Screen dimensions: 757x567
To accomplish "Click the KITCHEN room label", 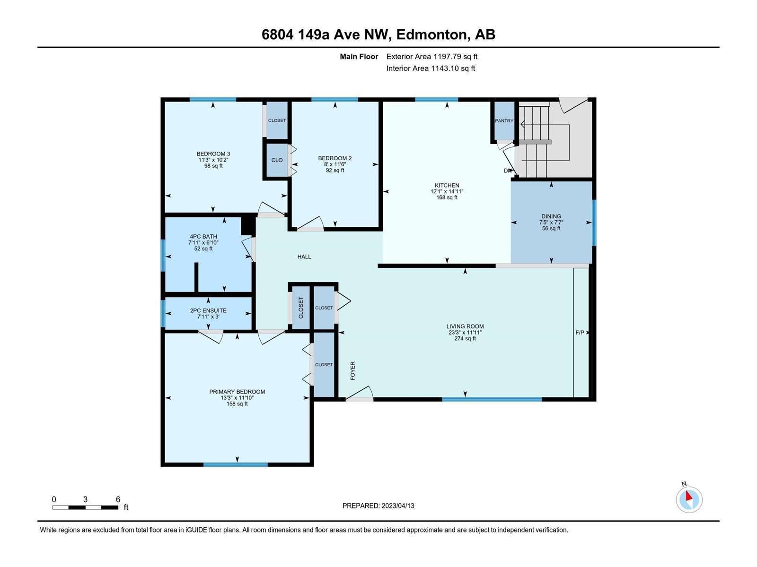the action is click(x=447, y=185).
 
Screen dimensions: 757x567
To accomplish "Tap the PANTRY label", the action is click(x=504, y=120).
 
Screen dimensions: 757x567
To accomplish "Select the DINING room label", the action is click(x=551, y=216).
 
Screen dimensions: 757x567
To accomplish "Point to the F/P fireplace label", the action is click(x=580, y=333).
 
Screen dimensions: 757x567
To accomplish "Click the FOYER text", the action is click(x=352, y=371).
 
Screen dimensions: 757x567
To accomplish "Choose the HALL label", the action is click(x=304, y=257).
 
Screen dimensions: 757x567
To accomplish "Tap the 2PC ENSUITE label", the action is click(x=208, y=310).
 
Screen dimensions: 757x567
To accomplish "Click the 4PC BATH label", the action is click(x=203, y=237).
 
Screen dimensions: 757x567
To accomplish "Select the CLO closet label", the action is click(x=277, y=160).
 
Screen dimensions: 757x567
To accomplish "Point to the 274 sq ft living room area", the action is click(x=465, y=338).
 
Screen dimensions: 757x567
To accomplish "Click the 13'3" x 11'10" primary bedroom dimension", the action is click(x=237, y=398).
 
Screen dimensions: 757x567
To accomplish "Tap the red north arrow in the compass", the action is click(x=688, y=496).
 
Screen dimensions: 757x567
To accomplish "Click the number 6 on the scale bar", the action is click(x=118, y=499).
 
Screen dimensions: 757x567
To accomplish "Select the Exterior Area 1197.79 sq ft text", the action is click(x=432, y=56).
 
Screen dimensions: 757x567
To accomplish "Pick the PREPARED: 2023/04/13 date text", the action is click(x=378, y=506).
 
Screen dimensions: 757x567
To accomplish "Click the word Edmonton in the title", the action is click(x=431, y=34).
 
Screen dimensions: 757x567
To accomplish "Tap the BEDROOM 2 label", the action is click(x=335, y=158).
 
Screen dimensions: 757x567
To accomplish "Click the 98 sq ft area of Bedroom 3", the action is click(x=213, y=165).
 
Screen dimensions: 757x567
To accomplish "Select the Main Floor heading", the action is click(x=359, y=56).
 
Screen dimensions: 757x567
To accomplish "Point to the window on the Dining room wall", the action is click(x=594, y=223).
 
